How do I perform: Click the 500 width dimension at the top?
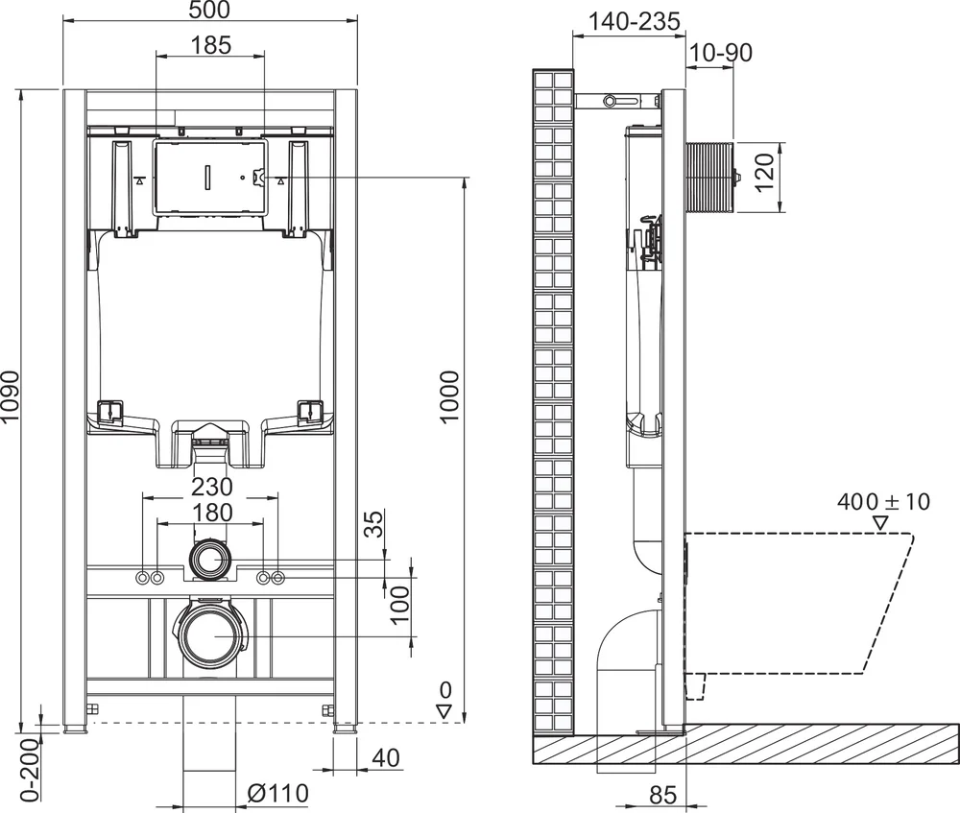point(210,11)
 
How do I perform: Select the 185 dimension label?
point(210,45)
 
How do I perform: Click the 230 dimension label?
point(210,487)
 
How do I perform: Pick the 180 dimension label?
point(210,513)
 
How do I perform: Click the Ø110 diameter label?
point(278,793)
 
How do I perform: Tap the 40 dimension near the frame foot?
point(385,758)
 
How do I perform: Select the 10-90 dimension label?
point(720,54)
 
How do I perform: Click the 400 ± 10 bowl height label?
point(883,502)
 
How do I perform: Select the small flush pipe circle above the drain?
point(210,559)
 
